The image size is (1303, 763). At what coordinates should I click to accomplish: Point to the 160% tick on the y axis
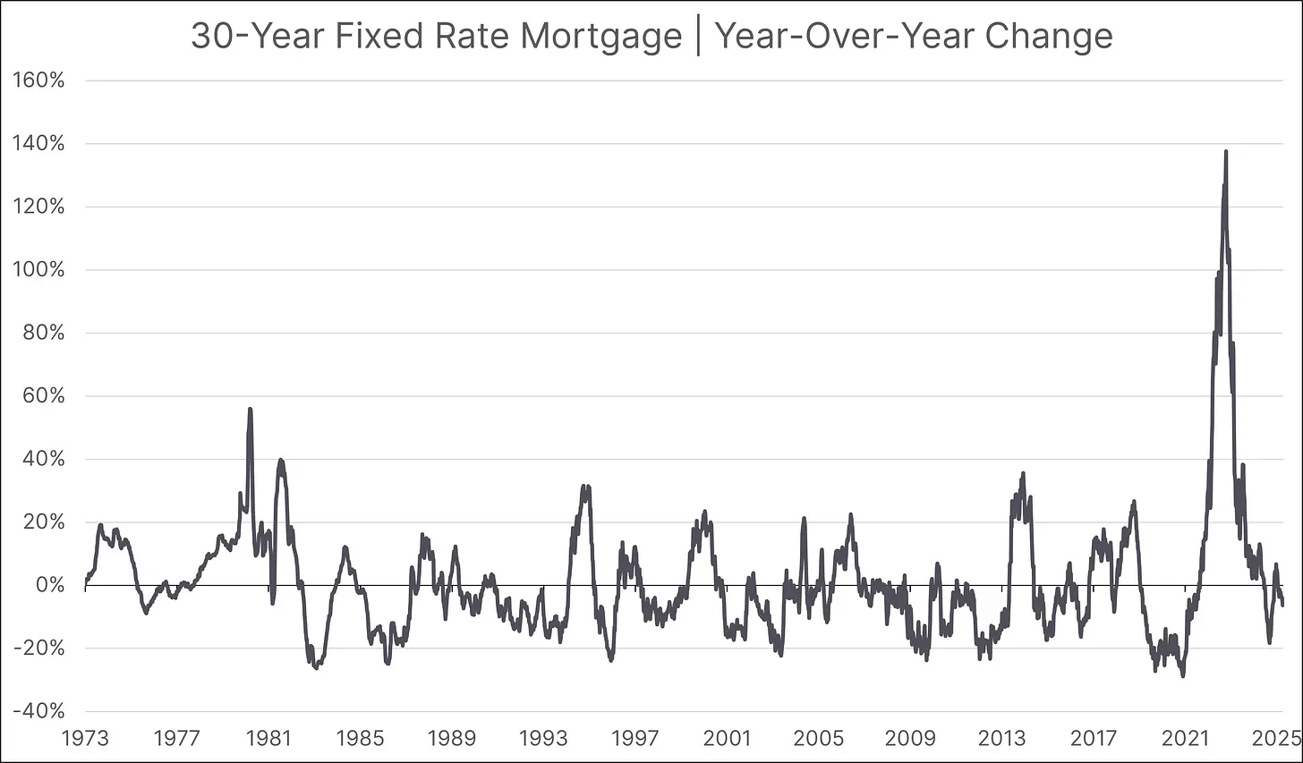click(x=39, y=81)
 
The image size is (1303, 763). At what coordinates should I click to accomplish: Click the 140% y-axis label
click(x=39, y=143)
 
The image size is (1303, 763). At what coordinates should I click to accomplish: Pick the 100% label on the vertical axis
click(x=39, y=269)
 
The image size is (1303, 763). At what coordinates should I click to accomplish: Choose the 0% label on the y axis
click(x=49, y=585)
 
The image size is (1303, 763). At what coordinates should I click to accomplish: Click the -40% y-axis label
click(x=38, y=711)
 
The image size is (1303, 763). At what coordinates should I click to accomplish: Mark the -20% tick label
click(x=38, y=649)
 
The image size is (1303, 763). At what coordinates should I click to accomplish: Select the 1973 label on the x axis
click(x=85, y=738)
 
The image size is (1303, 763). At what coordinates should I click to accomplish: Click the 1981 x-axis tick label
click(x=268, y=738)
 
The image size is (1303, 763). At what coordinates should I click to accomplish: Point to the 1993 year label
click(x=543, y=738)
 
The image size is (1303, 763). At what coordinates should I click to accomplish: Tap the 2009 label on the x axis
click(x=910, y=738)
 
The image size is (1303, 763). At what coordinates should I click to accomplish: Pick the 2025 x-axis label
click(x=1275, y=738)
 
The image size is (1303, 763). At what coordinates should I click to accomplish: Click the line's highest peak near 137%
click(x=1225, y=152)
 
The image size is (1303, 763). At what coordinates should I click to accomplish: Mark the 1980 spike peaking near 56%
click(x=250, y=409)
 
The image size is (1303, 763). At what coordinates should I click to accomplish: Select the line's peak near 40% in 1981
click(x=280, y=461)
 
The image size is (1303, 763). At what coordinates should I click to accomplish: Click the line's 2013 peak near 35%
click(x=1023, y=473)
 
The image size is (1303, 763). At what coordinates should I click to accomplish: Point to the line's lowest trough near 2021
click(x=1183, y=675)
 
